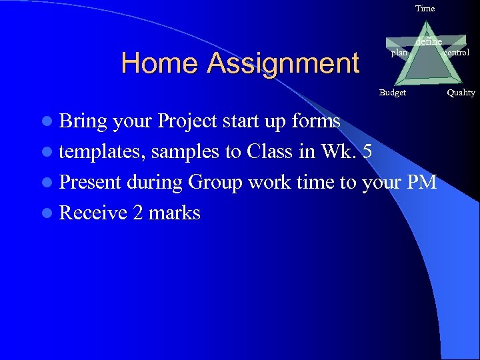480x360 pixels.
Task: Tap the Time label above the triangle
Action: (x=425, y=9)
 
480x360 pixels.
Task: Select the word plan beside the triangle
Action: (x=399, y=53)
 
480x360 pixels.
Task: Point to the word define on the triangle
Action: (x=429, y=42)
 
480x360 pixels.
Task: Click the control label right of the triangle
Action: (x=457, y=53)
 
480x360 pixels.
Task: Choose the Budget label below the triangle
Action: (x=392, y=93)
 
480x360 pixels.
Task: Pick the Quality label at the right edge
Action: (x=461, y=93)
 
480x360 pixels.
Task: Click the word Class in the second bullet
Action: (x=271, y=151)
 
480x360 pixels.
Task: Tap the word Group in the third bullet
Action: (x=219, y=182)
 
